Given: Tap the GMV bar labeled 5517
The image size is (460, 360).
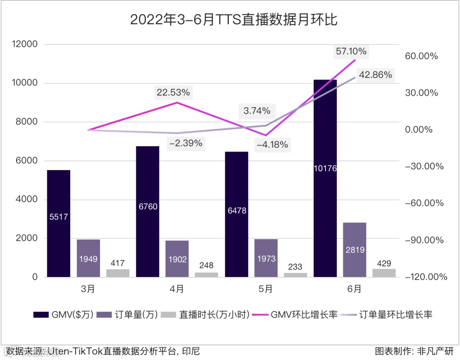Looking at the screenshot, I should [59, 223].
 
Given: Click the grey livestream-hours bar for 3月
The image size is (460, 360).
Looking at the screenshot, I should [118, 273].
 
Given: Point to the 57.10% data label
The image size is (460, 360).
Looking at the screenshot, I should [351, 51].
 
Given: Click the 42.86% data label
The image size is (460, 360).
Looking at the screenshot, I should [375, 75].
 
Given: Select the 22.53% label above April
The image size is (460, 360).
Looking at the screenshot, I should [173, 92].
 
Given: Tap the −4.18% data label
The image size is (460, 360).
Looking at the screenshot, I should [273, 145].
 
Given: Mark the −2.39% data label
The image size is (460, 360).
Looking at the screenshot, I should [186, 143].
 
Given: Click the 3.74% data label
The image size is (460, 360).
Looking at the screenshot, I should [257, 111].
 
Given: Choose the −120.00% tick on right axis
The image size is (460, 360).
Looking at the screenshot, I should [426, 277].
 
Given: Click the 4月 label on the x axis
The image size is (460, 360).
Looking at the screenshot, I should [177, 289].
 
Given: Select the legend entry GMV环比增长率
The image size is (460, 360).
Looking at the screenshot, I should [296, 315].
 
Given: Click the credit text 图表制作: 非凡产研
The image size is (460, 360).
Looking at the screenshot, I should [414, 351].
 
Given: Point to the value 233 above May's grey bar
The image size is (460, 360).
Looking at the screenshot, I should [295, 267].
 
